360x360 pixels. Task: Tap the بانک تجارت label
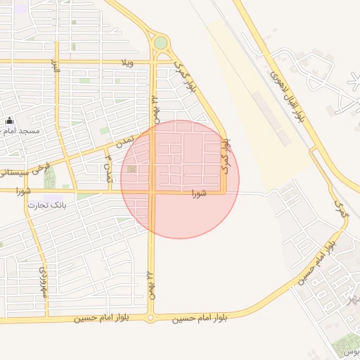point(46,205)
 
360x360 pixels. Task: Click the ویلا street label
point(127,63)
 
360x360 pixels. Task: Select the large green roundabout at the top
point(161,44)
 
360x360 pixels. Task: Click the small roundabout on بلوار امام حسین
point(150,319)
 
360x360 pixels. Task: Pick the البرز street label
point(53,67)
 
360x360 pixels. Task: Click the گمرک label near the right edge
point(341,210)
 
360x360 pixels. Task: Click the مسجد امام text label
point(21,132)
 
